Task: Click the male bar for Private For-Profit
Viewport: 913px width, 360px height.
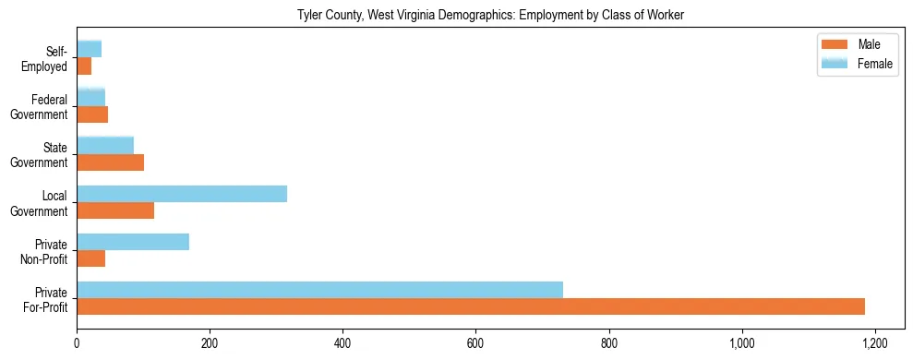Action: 471,306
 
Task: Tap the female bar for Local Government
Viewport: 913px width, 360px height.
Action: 182,194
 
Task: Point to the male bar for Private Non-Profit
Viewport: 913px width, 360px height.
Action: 91,258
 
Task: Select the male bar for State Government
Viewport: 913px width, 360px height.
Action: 111,162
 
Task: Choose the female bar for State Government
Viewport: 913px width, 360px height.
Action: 105,146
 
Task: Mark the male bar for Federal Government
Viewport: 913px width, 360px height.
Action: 92,114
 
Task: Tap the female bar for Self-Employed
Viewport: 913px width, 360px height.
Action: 90,50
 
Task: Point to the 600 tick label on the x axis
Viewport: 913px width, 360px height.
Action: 475,343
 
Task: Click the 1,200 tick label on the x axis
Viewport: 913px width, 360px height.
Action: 874,343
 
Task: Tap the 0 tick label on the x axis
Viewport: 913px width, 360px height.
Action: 77,343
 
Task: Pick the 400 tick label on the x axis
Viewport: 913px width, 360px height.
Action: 342,343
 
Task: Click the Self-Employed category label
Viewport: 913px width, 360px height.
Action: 45,58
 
